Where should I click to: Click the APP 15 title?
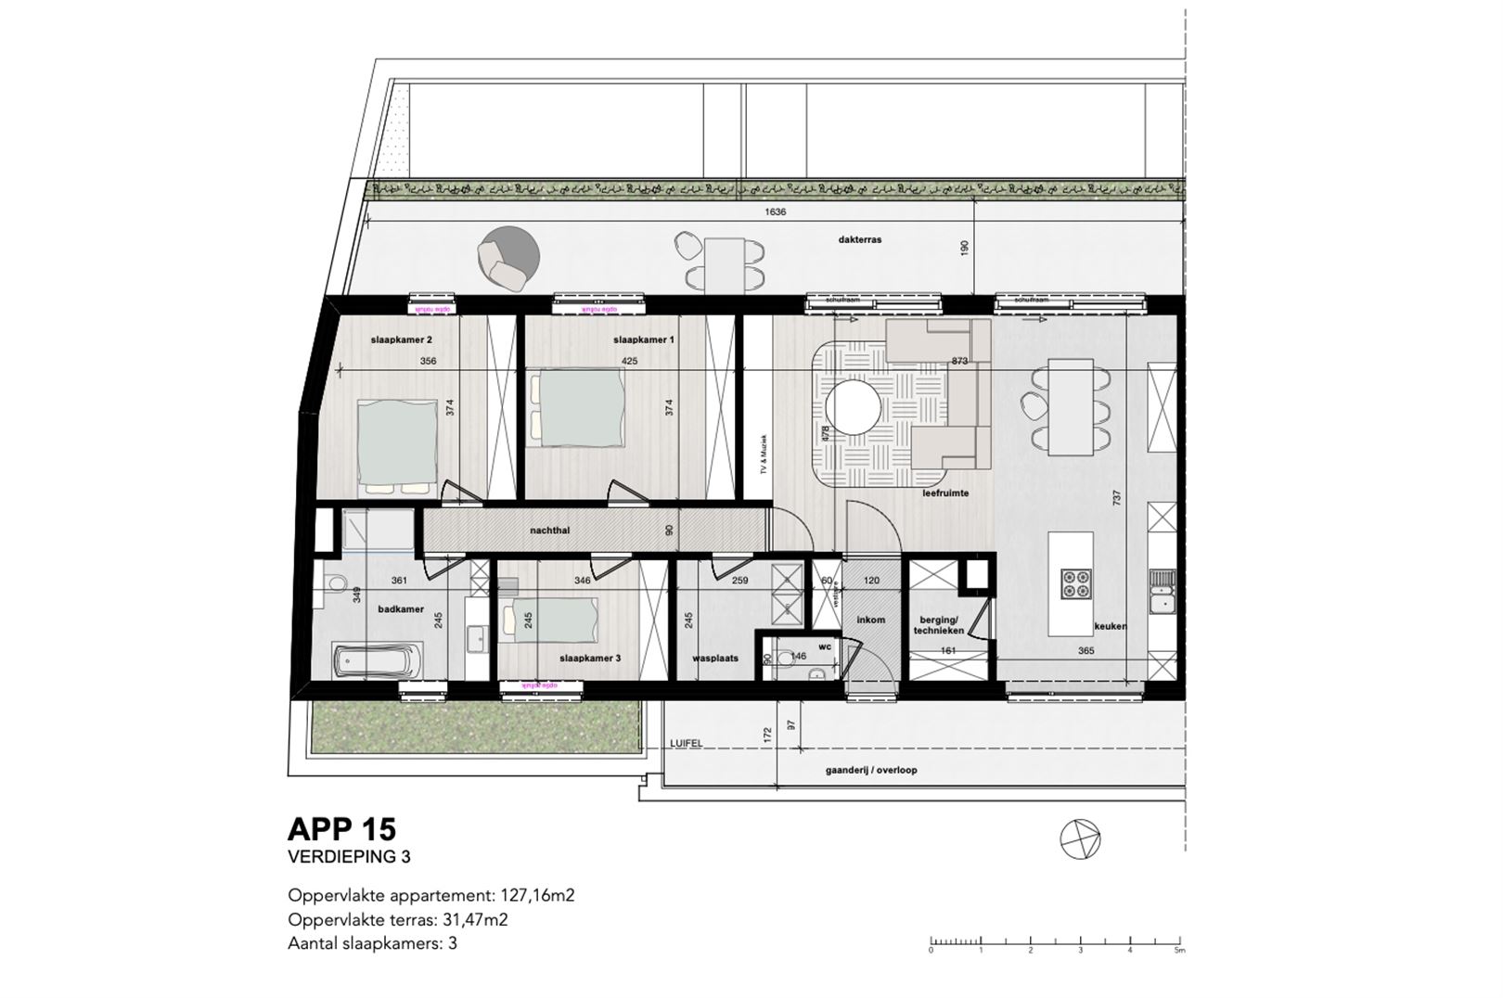tap(342, 828)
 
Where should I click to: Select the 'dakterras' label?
tap(859, 239)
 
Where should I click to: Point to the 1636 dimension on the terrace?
tap(775, 211)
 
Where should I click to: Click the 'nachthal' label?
tap(549, 531)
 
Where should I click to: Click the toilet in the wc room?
tap(787, 659)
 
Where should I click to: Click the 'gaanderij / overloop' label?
tap(871, 771)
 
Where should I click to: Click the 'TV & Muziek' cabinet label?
tap(763, 454)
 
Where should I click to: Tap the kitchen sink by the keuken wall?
tap(1160, 592)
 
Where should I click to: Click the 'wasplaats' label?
tap(715, 658)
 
